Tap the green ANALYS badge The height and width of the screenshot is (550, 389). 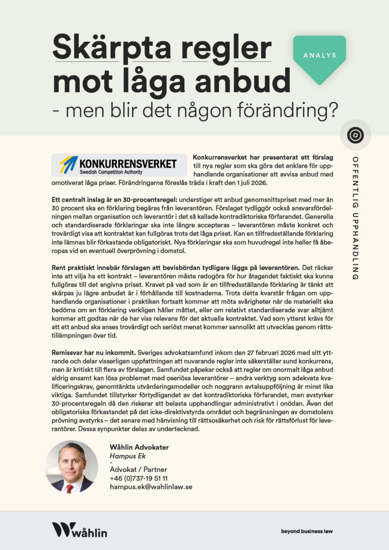319,55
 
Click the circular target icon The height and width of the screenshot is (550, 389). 355,135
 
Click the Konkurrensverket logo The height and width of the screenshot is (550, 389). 119,165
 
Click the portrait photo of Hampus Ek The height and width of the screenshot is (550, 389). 71,467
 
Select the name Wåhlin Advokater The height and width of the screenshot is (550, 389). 139,447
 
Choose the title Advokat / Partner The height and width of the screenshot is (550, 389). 138,470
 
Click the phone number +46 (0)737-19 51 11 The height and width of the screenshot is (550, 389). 139,478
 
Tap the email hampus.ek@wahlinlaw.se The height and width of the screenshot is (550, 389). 151,486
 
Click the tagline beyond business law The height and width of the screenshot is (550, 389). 307,531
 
